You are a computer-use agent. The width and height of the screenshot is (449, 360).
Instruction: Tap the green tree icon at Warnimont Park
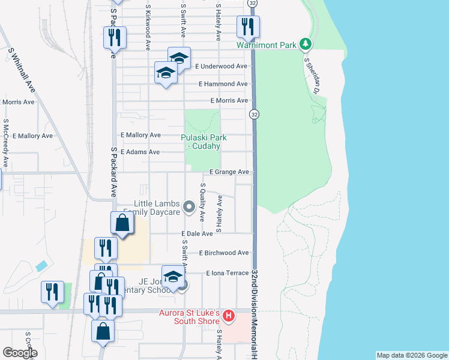coord(306,44)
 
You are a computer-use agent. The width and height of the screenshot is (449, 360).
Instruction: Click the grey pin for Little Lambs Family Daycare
coord(189,208)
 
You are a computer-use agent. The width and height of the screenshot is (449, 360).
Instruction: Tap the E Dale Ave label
coord(197,233)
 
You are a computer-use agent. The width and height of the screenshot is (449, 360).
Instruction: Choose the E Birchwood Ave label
coord(223,253)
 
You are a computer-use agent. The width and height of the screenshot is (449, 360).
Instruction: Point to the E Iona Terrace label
coord(227,273)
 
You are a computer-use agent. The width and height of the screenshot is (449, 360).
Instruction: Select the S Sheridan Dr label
coord(310,76)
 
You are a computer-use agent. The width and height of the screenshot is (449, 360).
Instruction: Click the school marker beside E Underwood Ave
coord(179,58)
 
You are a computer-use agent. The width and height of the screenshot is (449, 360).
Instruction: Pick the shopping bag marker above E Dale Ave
coord(122,223)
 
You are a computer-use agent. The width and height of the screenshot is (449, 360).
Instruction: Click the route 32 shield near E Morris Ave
coord(255,114)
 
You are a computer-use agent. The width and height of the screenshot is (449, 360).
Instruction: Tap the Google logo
coord(20,353)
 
